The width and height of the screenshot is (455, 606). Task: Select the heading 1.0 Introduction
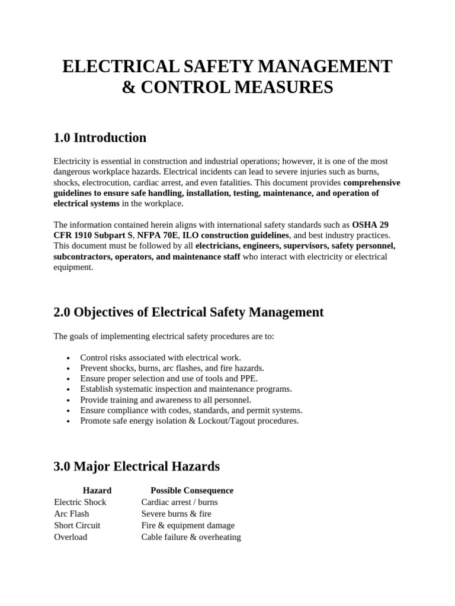(100, 138)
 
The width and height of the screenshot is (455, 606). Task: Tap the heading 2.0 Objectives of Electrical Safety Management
(188, 312)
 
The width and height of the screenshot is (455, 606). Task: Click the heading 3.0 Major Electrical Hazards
(136, 466)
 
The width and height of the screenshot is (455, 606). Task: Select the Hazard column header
(97, 491)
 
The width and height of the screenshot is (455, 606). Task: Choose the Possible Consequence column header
(192, 491)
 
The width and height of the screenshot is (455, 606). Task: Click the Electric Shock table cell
(80, 502)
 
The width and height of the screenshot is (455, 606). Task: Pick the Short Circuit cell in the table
(77, 526)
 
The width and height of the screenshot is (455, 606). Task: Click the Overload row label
(71, 537)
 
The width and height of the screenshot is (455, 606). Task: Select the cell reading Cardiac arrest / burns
(180, 502)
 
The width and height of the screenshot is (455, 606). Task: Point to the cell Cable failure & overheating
(191, 537)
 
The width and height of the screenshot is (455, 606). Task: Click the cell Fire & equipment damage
(188, 526)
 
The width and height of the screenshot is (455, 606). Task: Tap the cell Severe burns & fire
(176, 514)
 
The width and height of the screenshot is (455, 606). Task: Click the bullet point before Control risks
(69, 359)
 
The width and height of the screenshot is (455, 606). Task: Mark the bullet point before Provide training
(69, 401)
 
